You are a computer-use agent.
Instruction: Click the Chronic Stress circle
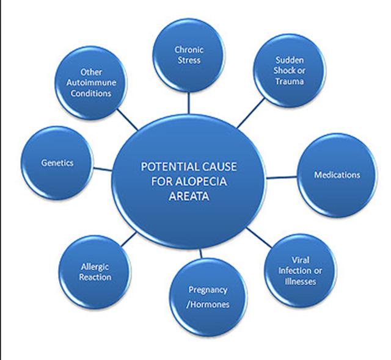coord(188,54)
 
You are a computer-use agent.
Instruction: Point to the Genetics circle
coord(58,162)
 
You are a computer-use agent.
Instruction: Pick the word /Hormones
coord(209,303)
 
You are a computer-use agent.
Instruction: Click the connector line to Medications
coord(283,178)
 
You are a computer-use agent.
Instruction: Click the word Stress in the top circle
coord(189,61)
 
